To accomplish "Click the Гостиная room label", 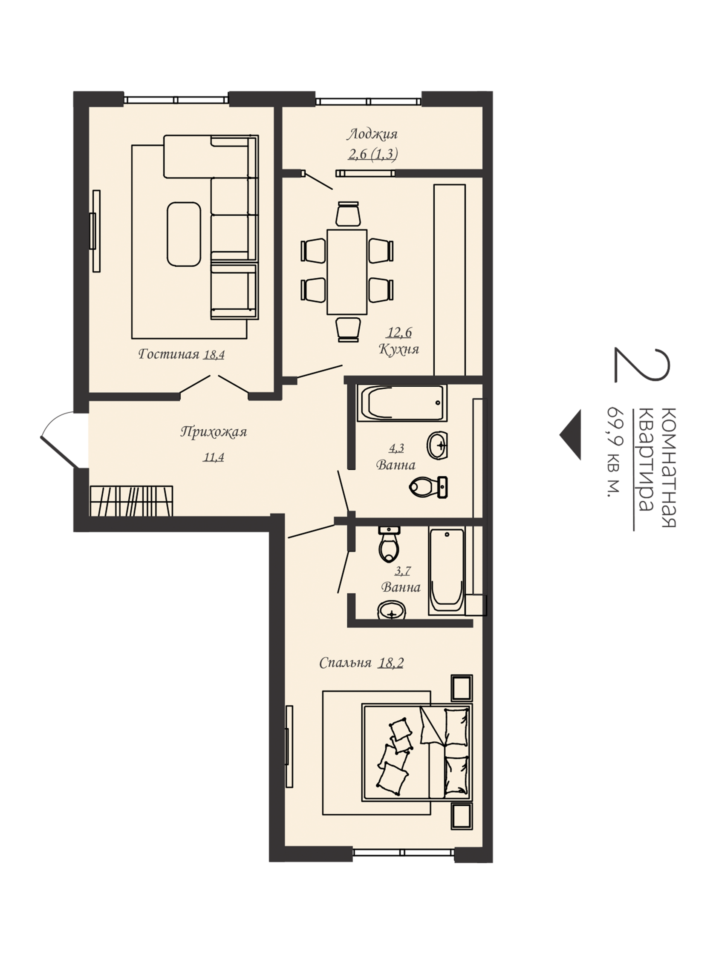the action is [168, 354].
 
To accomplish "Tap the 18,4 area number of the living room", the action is [214, 354].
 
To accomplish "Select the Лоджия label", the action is [372, 135].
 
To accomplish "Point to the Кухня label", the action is [399, 348].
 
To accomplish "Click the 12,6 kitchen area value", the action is [399, 332].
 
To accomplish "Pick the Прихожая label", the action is [214, 432].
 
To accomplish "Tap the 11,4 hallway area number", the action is [214, 456].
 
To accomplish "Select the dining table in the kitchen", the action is [346, 272].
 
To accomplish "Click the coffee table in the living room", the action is [184, 234].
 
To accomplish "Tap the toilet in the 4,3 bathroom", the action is [428, 487].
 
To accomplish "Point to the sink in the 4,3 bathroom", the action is [438, 445].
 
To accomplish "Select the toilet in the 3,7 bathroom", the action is [389, 544].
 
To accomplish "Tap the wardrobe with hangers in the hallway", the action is [131, 501].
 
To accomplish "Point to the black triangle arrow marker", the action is [570, 435].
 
